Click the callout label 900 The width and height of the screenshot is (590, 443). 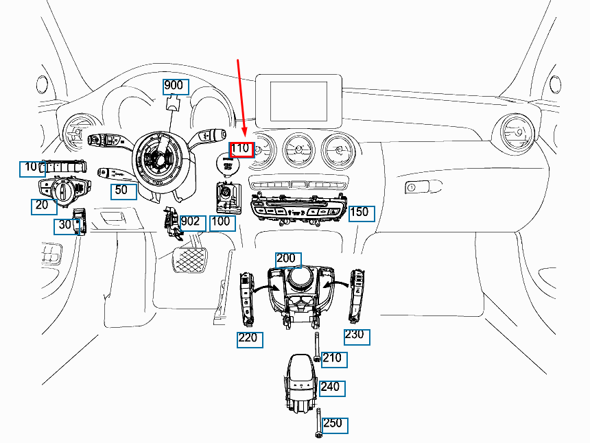click(174, 86)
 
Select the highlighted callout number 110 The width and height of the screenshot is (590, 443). click(241, 149)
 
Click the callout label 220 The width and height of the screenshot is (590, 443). click(250, 339)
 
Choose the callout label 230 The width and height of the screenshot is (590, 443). click(356, 337)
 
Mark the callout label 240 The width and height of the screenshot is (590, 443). click(331, 387)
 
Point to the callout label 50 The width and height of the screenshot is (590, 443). click(123, 191)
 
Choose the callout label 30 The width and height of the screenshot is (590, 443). click(65, 226)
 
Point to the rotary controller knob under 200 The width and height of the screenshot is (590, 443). click(299, 278)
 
